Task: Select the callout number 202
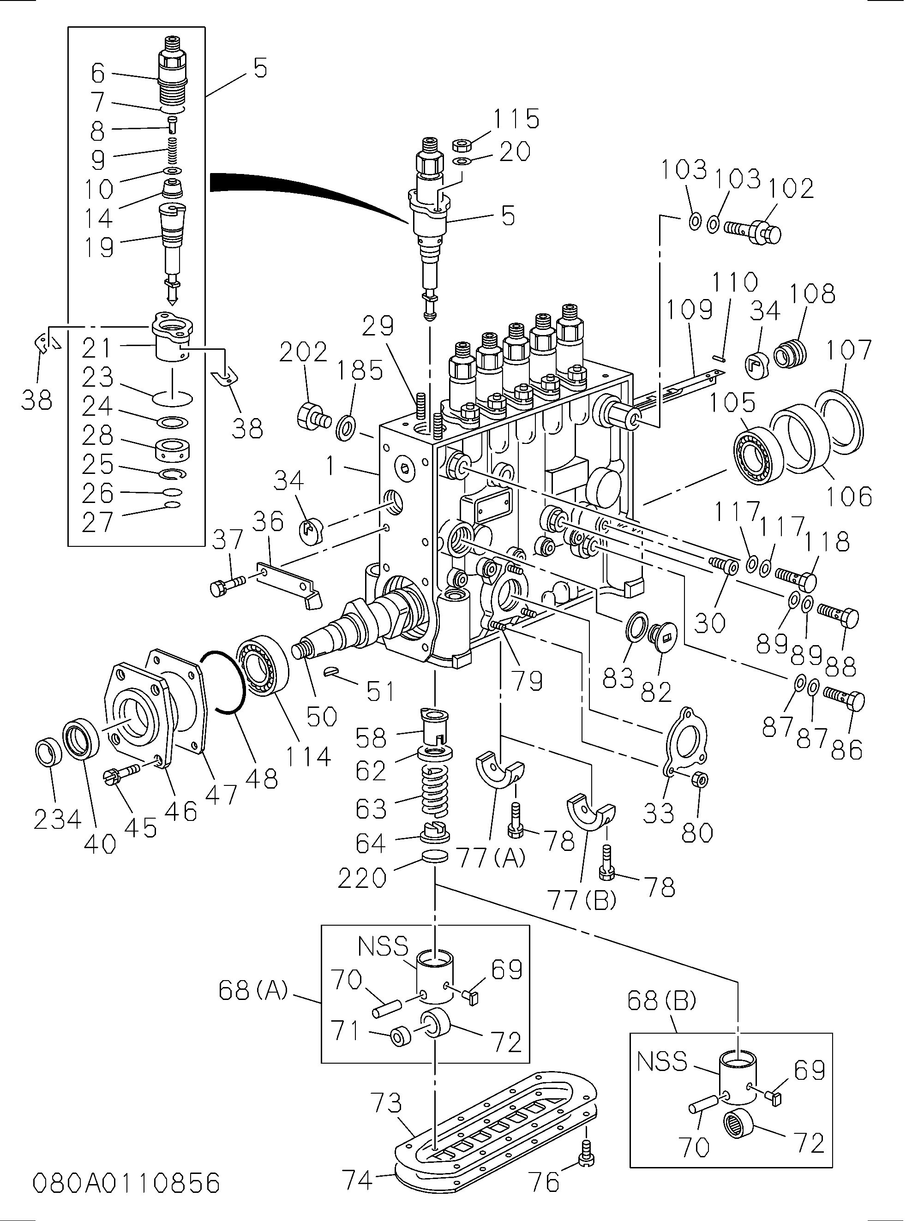tap(303, 352)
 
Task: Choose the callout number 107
tap(848, 349)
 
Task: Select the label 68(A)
tap(253, 990)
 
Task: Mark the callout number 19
tap(99, 247)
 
